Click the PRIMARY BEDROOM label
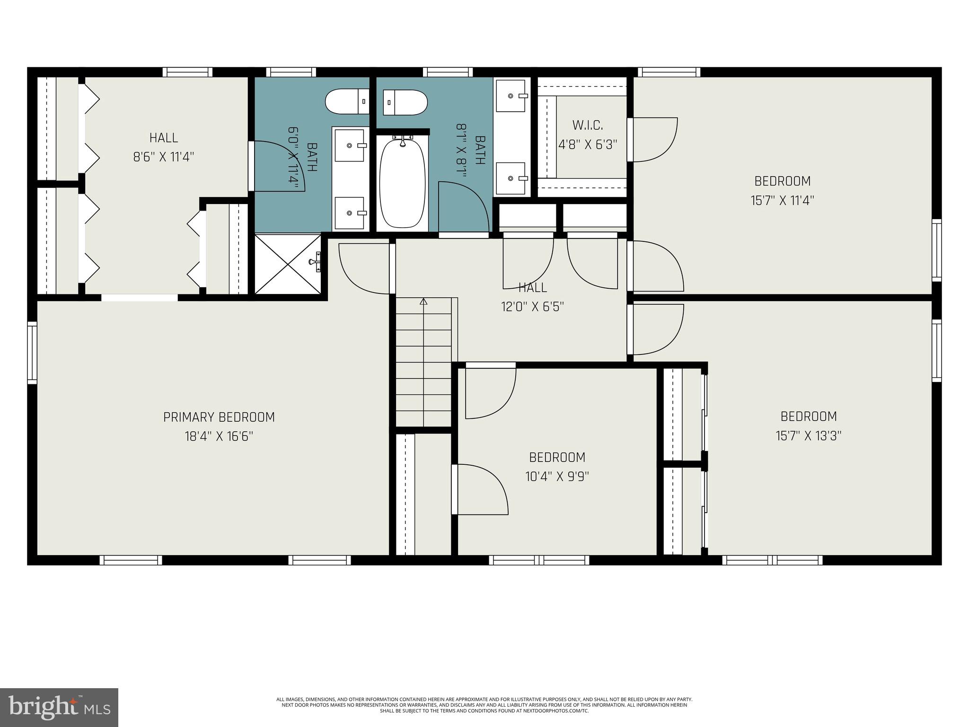pos(219,417)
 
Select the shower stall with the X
pos(288,265)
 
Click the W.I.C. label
pos(588,125)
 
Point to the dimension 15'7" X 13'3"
pos(809,435)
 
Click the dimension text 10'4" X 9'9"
pos(557,476)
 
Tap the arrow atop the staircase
pos(423,301)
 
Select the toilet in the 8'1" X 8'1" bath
pos(405,102)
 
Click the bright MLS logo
pos(59,707)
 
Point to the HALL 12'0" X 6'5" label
pos(533,288)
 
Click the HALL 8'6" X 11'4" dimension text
pos(164,157)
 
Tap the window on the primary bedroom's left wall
pos(32,352)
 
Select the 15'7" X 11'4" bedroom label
pos(782,181)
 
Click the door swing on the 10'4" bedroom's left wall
pos(480,489)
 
